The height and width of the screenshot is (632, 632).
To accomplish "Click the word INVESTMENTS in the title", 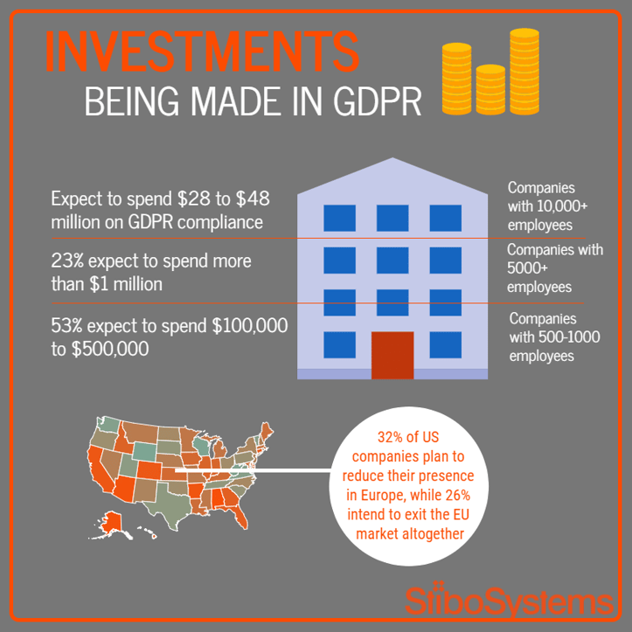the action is pos(202,52).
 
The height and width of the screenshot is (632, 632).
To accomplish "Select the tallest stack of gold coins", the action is pos(524,72).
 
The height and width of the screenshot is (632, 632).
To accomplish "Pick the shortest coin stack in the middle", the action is pos(490,89).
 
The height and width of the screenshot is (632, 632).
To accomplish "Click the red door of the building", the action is pos(392,355).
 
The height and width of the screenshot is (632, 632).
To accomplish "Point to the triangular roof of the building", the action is pos(392,177).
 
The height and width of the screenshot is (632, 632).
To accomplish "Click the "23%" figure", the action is pos(67,261).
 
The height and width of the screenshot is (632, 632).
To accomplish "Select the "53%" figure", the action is pos(67,326).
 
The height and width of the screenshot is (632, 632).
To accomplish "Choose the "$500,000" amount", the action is pos(110,349).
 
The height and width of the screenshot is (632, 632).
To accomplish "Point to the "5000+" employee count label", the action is pos(527,268).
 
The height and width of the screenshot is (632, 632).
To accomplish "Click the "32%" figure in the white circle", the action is pos(392,437).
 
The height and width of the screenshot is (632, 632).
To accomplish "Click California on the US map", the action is pos(100,469).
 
